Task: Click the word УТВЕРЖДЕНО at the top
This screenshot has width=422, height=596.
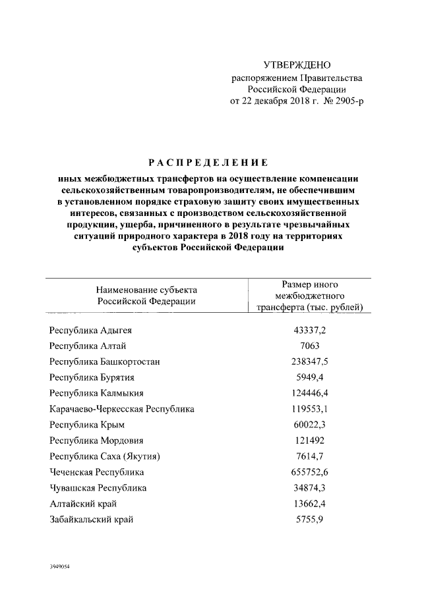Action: (x=297, y=65)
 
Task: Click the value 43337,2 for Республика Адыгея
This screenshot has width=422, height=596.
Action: (x=309, y=330)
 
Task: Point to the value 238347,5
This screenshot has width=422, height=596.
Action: (x=309, y=362)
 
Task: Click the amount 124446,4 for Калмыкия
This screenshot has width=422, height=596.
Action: (x=309, y=393)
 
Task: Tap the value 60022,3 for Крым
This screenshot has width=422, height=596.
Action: (x=309, y=425)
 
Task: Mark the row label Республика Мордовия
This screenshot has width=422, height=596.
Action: (x=96, y=441)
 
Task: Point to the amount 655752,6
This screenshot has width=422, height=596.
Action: (x=309, y=472)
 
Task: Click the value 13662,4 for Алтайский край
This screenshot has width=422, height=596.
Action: (x=309, y=504)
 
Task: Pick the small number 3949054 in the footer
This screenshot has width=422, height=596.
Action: (x=59, y=566)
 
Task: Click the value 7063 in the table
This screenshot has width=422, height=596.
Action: (x=309, y=346)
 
